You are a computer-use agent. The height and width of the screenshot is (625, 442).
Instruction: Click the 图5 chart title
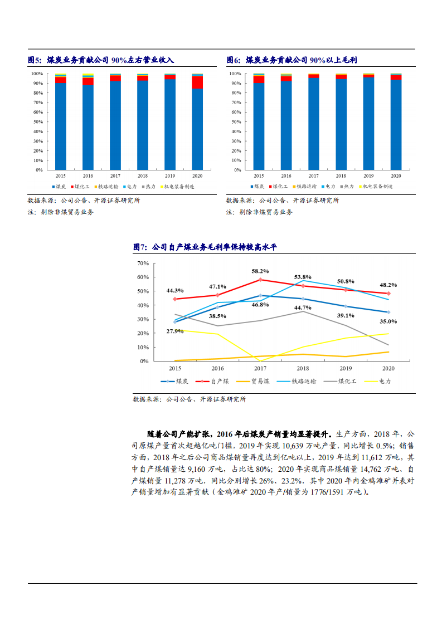click(x=101, y=60)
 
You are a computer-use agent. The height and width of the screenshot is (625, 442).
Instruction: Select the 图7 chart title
click(x=205, y=247)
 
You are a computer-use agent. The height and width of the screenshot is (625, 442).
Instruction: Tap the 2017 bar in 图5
click(x=115, y=122)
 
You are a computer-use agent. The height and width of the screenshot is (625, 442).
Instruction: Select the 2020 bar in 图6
click(x=396, y=122)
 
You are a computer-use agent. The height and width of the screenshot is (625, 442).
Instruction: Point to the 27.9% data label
click(x=175, y=331)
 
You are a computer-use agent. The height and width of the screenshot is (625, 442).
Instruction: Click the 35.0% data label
click(x=388, y=321)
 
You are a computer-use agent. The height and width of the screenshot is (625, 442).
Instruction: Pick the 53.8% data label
click(x=303, y=277)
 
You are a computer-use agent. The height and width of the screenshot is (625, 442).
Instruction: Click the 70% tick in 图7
click(x=143, y=263)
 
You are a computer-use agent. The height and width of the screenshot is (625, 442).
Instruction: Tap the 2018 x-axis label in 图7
click(x=303, y=369)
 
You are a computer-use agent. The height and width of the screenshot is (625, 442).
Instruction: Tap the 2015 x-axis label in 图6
click(x=259, y=175)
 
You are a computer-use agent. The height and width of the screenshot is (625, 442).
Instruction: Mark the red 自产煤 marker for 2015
click(x=175, y=299)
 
